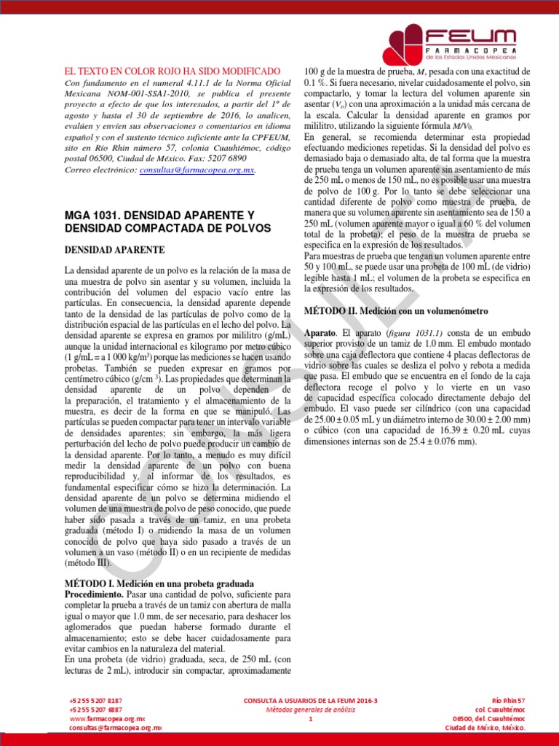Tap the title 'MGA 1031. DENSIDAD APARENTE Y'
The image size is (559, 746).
[x=160, y=216]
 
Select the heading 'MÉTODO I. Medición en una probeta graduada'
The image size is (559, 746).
[x=159, y=584]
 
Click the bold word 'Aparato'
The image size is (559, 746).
[x=320, y=333]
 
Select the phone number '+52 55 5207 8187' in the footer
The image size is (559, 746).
[x=96, y=699]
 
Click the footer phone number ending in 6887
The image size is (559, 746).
[x=96, y=709]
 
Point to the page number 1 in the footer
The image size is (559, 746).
[x=311, y=719]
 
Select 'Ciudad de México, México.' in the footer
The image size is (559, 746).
[x=485, y=728]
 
